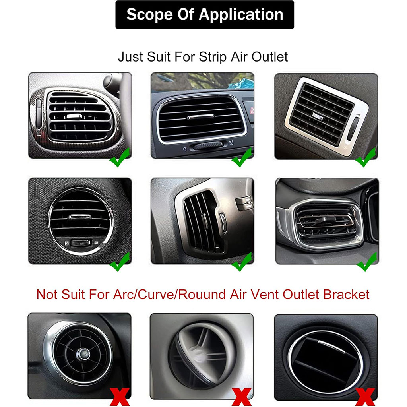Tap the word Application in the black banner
[241, 15]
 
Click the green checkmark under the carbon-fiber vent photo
[120, 157]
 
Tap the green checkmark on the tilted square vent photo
[366, 157]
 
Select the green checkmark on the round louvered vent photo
[120, 262]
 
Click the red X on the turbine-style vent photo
[120, 397]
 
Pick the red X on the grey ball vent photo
[241, 397]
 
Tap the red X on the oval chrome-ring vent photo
[365, 397]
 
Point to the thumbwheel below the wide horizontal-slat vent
[207, 146]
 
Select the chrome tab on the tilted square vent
[318, 116]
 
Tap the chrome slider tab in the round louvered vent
[80, 217]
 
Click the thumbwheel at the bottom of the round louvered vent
[81, 243]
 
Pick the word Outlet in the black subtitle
[270, 57]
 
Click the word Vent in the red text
[265, 295]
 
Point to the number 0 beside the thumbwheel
[184, 149]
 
